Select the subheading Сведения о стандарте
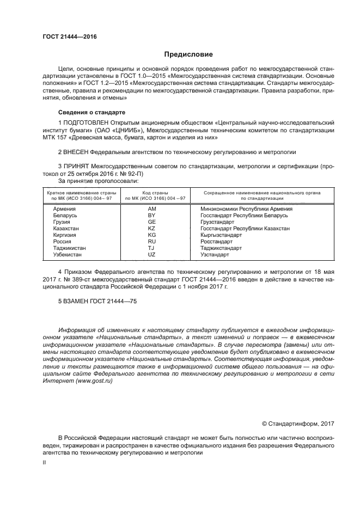(88, 112)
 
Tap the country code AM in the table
(152, 209)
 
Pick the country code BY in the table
(152, 216)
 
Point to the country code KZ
(152, 229)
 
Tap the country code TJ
(152, 248)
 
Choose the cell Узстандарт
(215, 255)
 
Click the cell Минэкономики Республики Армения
(247, 209)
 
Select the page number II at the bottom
(45, 462)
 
